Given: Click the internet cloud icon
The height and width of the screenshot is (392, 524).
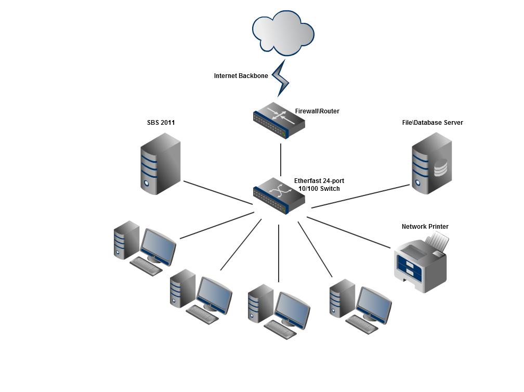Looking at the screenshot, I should (x=283, y=32).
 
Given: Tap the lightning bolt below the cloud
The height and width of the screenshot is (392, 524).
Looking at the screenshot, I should (x=281, y=78).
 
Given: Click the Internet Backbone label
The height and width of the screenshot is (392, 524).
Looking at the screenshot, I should (x=241, y=76).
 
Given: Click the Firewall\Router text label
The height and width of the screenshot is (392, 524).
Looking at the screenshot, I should (x=317, y=111).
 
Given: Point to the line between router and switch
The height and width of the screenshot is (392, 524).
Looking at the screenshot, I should (x=281, y=160).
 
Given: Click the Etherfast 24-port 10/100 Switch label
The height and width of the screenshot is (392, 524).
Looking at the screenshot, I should (x=319, y=185).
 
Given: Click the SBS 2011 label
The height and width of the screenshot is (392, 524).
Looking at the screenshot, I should (x=161, y=123).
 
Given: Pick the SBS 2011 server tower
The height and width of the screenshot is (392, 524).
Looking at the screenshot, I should (x=160, y=164).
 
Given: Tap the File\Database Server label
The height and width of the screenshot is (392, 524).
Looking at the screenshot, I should (x=433, y=123).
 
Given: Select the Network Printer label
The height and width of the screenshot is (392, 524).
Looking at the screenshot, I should (x=425, y=227).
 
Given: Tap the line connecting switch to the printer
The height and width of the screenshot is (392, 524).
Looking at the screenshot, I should (x=348, y=232).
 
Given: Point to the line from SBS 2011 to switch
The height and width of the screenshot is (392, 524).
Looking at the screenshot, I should (x=218, y=192).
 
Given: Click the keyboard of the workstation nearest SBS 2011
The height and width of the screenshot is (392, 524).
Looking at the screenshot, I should (x=146, y=266).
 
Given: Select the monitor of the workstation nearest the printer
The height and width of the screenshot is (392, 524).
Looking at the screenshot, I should (x=374, y=304).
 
